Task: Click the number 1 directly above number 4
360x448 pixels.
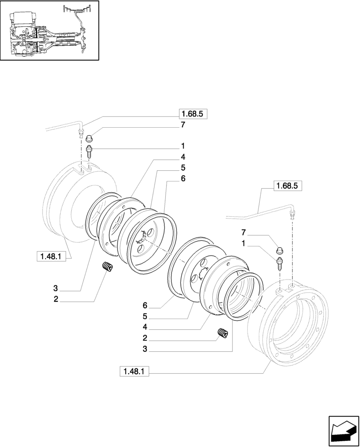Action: tap(183, 146)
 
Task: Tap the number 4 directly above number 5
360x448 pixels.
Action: tap(183, 157)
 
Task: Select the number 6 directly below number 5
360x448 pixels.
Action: tap(183, 178)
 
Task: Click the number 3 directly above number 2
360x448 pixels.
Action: tap(56, 289)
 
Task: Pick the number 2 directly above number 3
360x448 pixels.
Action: tap(145, 338)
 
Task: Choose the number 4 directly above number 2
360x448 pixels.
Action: tap(145, 327)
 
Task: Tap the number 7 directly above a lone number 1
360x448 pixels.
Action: tap(243, 233)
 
